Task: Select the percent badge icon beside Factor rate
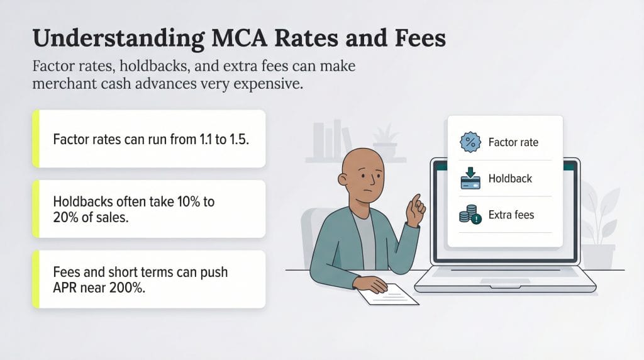point(470,142)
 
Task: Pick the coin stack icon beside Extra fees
point(470,215)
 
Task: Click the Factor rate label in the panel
point(513,142)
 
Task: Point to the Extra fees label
point(511,215)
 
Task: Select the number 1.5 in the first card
point(239,139)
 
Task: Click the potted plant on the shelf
point(385,142)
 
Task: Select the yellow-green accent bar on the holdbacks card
point(36,209)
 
